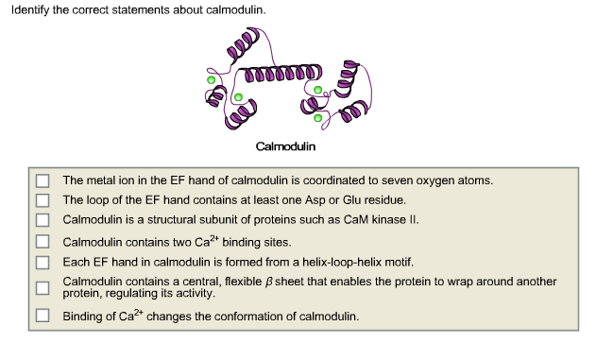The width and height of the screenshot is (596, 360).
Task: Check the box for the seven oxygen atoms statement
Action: click(x=43, y=180)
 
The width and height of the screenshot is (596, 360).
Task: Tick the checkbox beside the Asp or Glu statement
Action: click(x=43, y=199)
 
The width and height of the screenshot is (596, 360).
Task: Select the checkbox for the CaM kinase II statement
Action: click(x=43, y=219)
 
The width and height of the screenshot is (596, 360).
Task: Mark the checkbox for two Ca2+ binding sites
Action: click(x=43, y=242)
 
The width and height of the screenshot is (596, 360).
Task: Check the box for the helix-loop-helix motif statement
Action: click(x=43, y=262)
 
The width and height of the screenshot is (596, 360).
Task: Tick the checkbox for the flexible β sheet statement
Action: click(x=43, y=287)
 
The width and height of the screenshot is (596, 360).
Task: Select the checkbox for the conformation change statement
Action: click(x=43, y=315)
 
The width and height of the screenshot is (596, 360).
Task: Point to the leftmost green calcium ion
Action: click(x=210, y=79)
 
